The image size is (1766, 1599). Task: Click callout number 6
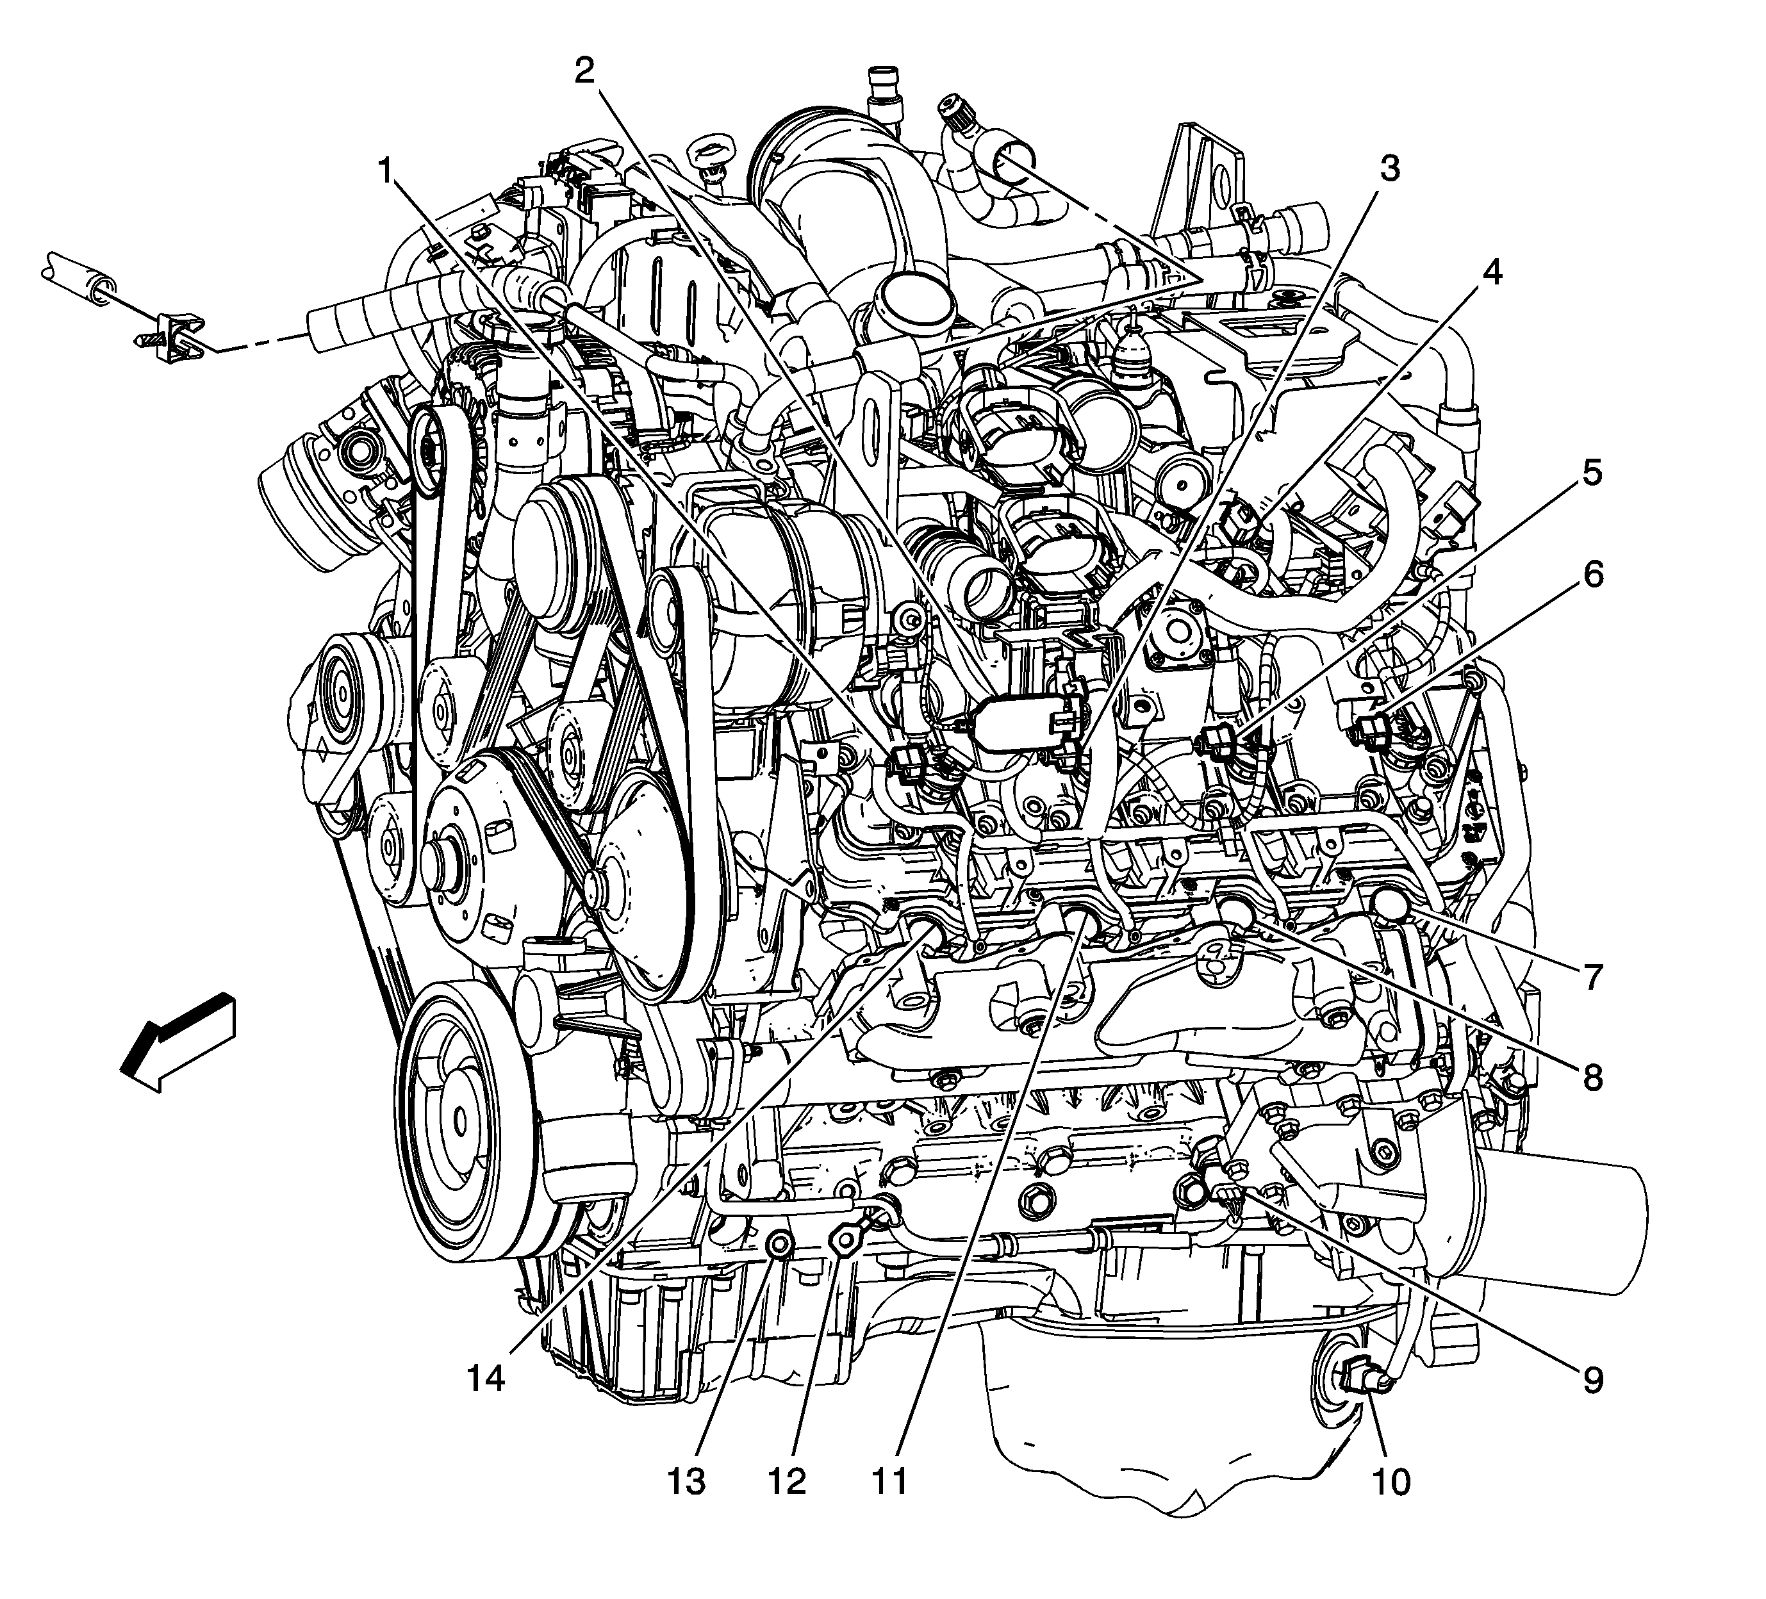coord(1592,575)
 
